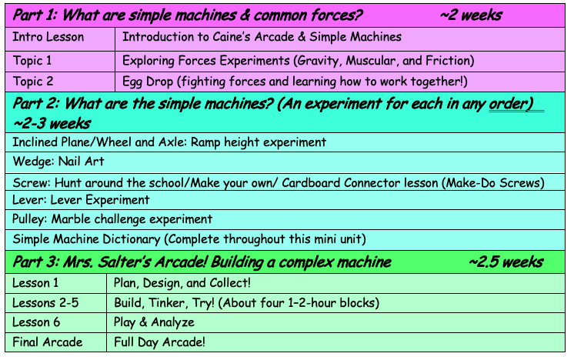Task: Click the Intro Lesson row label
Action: [x=49, y=37]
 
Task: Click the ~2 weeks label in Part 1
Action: [x=472, y=15]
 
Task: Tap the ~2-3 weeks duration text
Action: [x=52, y=123]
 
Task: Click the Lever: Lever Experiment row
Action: [x=82, y=200]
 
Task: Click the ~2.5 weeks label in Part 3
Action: [x=506, y=262]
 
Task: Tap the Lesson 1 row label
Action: [x=36, y=282]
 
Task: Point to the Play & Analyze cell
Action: [x=154, y=322]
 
